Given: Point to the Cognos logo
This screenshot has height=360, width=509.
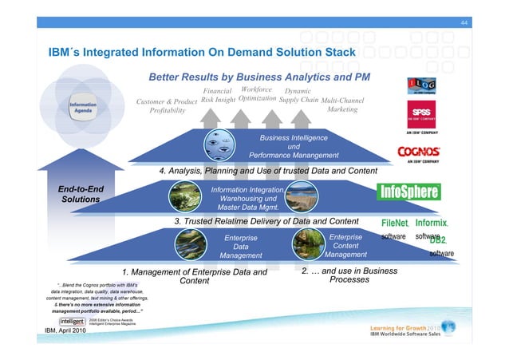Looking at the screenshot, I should click(x=419, y=152).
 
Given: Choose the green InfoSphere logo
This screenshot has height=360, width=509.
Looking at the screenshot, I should click(x=408, y=192).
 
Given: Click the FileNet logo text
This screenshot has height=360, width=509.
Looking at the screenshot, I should click(x=395, y=223).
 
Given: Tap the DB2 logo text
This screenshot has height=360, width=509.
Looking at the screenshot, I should click(x=442, y=239).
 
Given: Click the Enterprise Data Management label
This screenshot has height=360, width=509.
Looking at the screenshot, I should click(x=241, y=247).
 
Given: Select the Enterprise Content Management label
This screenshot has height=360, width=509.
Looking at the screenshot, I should click(x=345, y=246).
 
